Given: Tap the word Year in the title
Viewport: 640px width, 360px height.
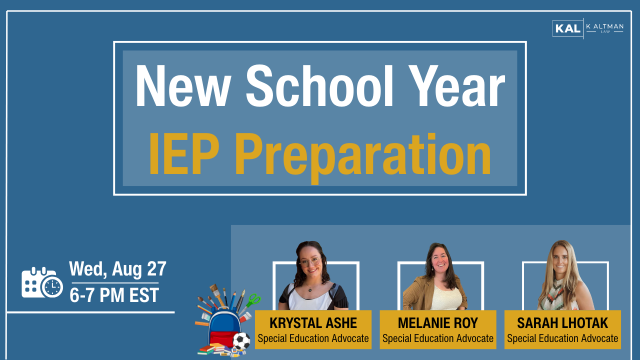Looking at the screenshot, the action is [x=456, y=85].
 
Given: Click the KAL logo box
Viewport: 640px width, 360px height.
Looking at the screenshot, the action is [x=567, y=28].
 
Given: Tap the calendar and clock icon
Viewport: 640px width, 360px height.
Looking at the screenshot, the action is [x=42, y=282].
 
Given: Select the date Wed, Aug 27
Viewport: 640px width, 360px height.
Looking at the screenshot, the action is [x=117, y=269].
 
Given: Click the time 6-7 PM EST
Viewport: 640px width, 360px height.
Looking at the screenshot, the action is [x=114, y=295].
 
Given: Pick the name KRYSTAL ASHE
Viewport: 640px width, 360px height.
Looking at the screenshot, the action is [x=313, y=323].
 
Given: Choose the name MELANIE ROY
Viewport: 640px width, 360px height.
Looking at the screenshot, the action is [x=437, y=323].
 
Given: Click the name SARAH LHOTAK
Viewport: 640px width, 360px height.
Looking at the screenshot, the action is [x=562, y=323].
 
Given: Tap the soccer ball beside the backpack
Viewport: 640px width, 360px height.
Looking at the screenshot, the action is [x=241, y=341].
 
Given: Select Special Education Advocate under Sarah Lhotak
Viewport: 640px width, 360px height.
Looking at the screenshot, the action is [x=562, y=338].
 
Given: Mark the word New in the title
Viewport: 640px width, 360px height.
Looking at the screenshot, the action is [x=183, y=85].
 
